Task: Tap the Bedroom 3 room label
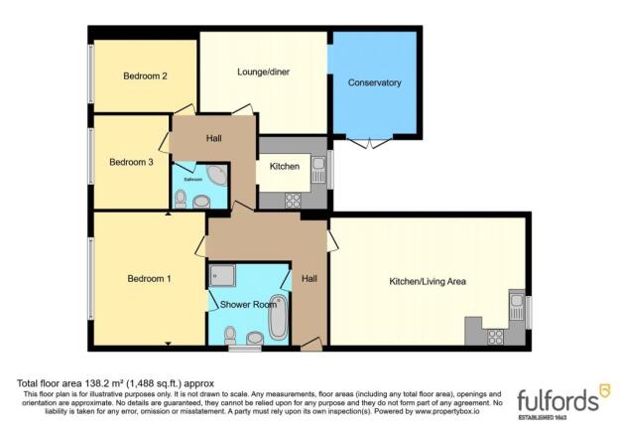[130, 162]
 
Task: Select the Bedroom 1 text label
[150, 279]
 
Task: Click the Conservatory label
[374, 83]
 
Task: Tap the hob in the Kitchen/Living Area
[494, 336]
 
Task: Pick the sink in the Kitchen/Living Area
[517, 303]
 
